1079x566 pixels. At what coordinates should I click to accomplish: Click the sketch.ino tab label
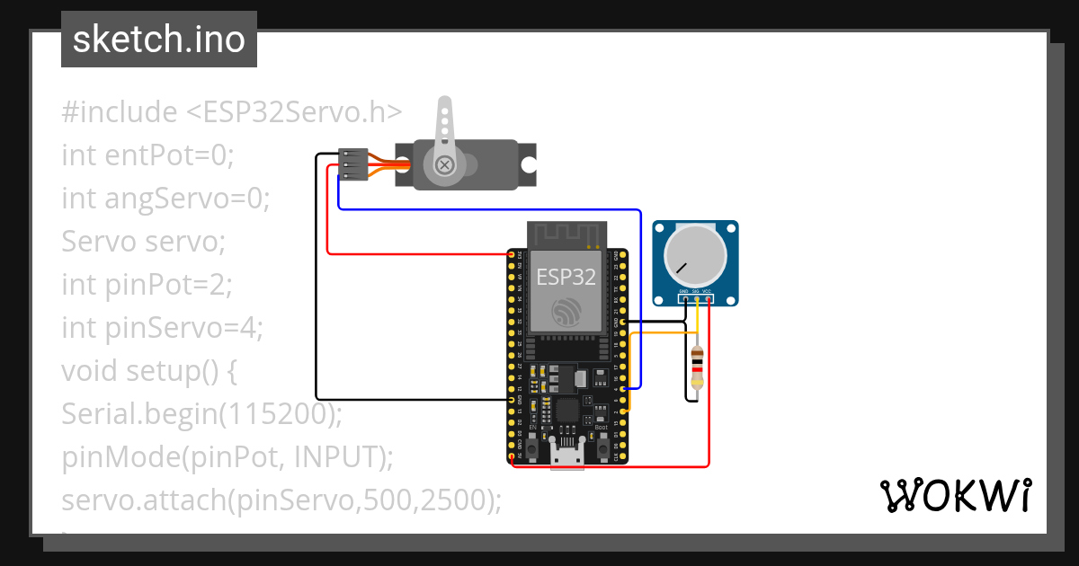pyautogui.click(x=159, y=40)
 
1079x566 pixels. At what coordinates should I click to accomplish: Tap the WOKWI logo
pyautogui.click(x=954, y=495)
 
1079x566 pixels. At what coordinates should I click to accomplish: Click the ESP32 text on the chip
pyautogui.click(x=566, y=276)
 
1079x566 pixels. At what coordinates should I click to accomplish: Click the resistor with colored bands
pyautogui.click(x=697, y=367)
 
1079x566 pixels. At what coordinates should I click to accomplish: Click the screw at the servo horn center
pyautogui.click(x=444, y=165)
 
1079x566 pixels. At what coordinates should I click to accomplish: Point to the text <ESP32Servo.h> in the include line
pyautogui.click(x=294, y=112)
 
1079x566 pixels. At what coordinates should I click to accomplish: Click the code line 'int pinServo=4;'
pyautogui.click(x=162, y=328)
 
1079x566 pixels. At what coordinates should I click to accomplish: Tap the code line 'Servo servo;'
pyautogui.click(x=143, y=242)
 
